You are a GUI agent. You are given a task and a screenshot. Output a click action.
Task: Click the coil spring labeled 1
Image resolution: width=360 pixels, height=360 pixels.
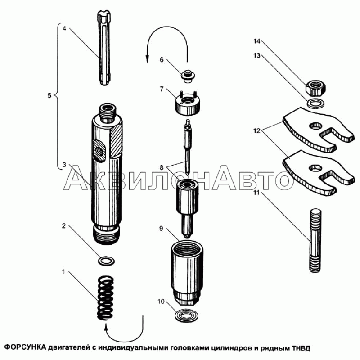106,298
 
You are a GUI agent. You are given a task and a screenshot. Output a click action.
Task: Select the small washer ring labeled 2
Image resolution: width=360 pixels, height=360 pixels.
106,261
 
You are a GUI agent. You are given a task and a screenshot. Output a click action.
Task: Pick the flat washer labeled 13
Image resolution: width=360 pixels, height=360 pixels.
315,103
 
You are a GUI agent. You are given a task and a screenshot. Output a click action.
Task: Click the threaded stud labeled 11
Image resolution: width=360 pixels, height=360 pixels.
315,240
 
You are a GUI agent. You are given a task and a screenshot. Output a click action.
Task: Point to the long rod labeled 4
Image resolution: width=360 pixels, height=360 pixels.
105,48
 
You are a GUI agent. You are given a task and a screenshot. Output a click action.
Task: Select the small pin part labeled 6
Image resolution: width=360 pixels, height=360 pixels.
188,76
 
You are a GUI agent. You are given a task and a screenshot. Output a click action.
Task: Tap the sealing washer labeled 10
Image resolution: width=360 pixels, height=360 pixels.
186,316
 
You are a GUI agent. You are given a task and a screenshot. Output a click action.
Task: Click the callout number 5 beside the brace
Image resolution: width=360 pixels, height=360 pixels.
49,95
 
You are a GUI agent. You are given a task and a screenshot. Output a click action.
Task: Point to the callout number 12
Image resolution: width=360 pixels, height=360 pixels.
257,131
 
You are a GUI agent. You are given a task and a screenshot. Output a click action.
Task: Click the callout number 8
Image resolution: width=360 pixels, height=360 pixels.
162,167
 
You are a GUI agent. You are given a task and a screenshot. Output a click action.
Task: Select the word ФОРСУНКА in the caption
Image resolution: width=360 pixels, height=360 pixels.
26,347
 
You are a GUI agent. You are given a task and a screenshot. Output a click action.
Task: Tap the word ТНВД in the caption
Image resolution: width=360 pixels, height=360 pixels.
301,347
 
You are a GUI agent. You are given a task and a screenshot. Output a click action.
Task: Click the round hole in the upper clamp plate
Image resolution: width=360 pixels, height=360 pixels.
316,126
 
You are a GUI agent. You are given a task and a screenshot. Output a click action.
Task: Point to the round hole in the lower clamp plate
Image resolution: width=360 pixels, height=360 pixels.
316,168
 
